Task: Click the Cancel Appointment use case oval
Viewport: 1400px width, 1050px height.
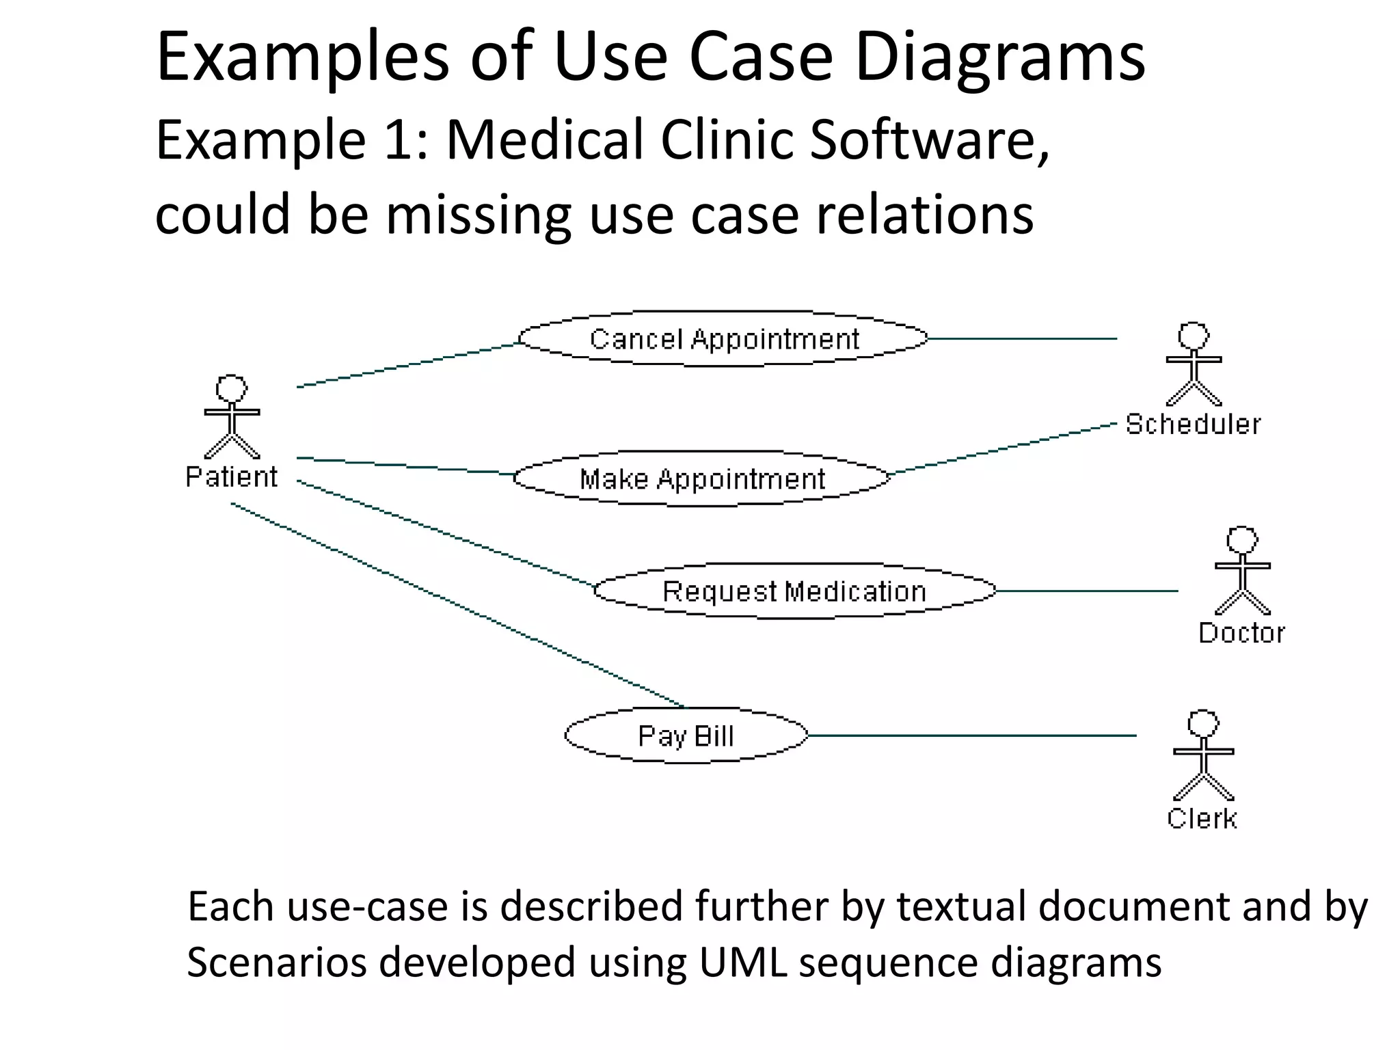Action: [x=723, y=339]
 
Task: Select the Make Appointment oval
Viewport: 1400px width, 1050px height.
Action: [x=702, y=479]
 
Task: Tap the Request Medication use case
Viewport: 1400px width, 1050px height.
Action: [x=794, y=591]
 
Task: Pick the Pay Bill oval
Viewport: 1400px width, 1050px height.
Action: [x=686, y=736]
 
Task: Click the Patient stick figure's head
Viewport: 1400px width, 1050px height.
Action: [x=232, y=388]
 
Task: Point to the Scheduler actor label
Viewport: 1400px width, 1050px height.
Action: [x=1193, y=425]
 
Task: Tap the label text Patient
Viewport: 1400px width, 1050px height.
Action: [x=232, y=477]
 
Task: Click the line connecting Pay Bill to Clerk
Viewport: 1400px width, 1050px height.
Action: [x=971, y=736]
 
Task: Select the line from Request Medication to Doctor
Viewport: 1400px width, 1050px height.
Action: [x=1087, y=591]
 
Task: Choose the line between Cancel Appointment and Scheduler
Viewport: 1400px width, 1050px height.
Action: [x=1022, y=338]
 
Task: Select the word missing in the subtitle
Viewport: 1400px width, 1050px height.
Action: [x=478, y=214]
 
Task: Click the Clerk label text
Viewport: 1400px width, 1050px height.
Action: [x=1202, y=818]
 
